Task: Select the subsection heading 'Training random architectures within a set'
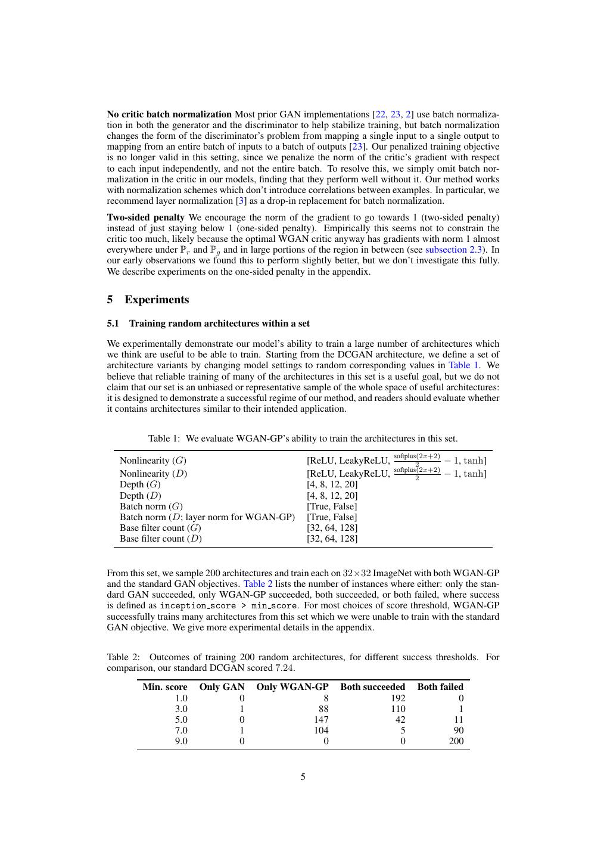(x=219, y=324)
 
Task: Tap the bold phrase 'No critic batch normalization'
(x=169, y=114)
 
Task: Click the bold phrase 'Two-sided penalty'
(x=145, y=217)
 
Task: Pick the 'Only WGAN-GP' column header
(x=292, y=687)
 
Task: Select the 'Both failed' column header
(x=440, y=687)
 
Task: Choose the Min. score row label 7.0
(x=180, y=730)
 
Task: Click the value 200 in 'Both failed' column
(x=456, y=741)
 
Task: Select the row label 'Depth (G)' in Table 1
(x=141, y=484)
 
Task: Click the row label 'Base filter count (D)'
(x=161, y=539)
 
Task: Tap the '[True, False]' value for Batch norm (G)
(x=332, y=506)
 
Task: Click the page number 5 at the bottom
(x=303, y=777)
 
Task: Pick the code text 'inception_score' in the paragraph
(x=191, y=606)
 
